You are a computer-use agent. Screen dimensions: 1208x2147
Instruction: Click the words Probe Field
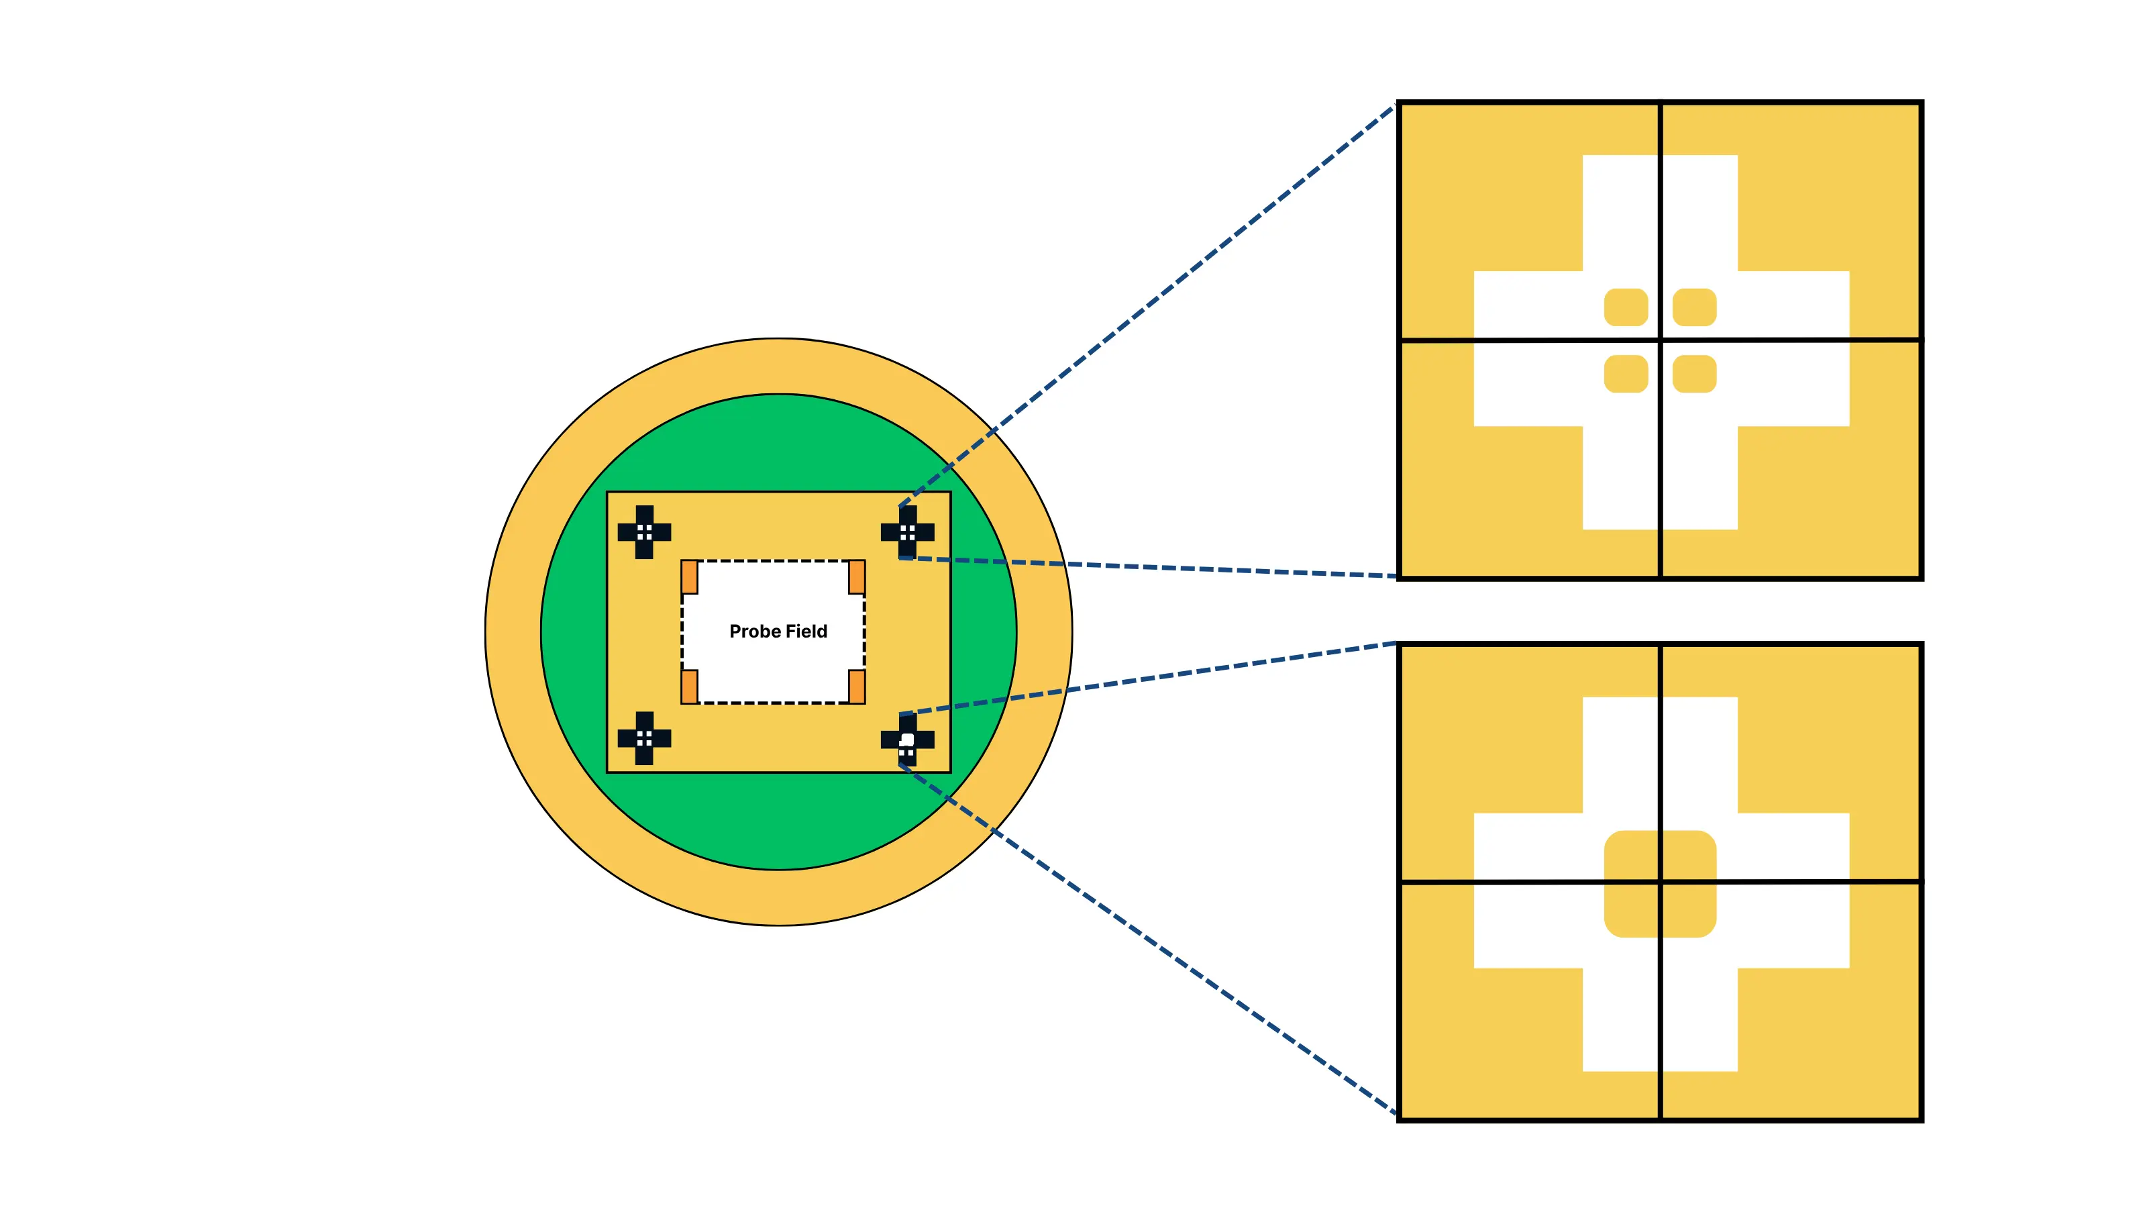[778, 631]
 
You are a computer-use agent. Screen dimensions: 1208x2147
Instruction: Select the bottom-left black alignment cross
[644, 738]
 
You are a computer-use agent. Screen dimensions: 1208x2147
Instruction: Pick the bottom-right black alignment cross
[908, 740]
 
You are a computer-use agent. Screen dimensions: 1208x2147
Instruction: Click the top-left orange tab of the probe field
[689, 576]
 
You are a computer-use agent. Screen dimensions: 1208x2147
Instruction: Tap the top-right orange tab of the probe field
[857, 576]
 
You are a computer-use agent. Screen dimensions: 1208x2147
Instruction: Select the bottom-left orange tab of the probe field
[689, 686]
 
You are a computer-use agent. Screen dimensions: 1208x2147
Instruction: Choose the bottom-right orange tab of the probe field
[857, 686]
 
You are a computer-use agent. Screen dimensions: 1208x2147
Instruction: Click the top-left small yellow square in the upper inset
[1625, 307]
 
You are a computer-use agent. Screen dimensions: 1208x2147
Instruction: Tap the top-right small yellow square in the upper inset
[1694, 307]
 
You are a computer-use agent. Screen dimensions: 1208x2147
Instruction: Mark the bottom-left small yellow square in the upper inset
[1625, 374]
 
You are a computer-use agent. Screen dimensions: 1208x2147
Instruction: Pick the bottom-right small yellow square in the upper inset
[1694, 374]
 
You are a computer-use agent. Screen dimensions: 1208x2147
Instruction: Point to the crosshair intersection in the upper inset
[1661, 340]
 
